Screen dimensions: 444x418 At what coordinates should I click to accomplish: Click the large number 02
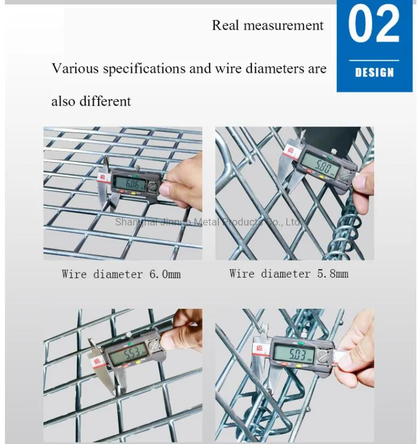coord(374,26)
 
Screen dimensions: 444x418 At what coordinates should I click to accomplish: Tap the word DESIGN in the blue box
coord(375,72)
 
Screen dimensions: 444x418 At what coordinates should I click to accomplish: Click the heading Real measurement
coord(268,25)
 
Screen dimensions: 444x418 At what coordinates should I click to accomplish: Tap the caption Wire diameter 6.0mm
coord(121,274)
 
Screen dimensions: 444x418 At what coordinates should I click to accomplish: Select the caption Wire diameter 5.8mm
coord(289,273)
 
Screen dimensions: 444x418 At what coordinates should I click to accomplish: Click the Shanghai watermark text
coord(208,222)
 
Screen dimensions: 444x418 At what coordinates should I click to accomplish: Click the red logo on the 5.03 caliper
coord(258,347)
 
